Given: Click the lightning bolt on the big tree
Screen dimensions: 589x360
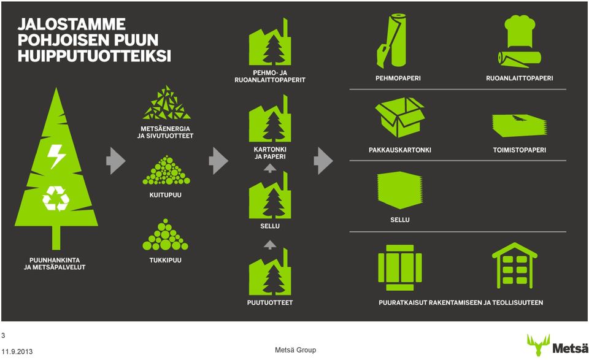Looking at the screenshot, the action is [x=56, y=156].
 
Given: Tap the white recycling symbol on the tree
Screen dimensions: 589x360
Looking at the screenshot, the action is [x=56, y=198].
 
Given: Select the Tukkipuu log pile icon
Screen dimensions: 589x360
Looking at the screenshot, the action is [x=165, y=235].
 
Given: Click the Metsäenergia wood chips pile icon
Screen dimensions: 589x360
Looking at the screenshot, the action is [x=166, y=102].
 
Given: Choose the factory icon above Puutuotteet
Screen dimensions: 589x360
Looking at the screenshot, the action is [x=270, y=272].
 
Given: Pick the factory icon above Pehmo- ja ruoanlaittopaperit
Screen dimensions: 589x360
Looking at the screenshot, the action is [x=270, y=41].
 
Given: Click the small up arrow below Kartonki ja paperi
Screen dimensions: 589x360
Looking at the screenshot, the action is [x=270, y=168].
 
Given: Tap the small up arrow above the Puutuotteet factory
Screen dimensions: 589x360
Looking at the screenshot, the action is [x=270, y=245].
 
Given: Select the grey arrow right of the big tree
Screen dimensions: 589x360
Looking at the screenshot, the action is [x=115, y=161].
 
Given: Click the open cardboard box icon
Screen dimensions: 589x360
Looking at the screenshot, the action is [x=399, y=117].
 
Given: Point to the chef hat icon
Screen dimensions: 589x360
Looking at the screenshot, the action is [x=520, y=31].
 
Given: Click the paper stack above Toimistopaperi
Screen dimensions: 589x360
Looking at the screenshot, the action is [x=520, y=125].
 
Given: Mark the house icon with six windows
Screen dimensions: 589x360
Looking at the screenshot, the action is [x=515, y=266].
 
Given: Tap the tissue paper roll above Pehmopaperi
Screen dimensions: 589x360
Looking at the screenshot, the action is [x=393, y=40].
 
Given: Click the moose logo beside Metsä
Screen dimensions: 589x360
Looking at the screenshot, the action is [x=538, y=345].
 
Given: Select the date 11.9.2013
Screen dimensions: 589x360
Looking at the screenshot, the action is [x=17, y=352].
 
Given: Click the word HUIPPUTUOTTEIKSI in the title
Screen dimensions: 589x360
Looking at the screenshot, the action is [x=94, y=56].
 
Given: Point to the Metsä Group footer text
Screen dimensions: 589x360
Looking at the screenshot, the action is [x=295, y=350].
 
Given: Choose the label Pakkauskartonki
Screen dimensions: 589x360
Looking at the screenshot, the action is [x=399, y=150].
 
